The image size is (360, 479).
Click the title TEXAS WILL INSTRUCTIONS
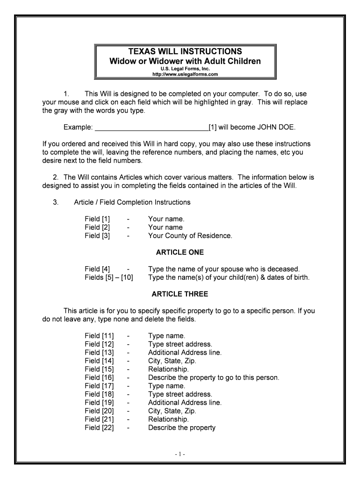pos(185,51)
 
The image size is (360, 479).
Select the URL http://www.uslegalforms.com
pos(185,74)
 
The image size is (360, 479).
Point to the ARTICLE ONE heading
pos(180,253)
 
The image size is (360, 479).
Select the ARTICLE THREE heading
pos(180,294)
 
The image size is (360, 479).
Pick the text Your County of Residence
pos(190,236)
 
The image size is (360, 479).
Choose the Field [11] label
pos(99,336)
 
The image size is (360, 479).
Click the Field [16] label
pos(99,377)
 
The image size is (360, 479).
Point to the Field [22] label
pos(99,428)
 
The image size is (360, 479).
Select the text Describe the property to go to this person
pos(213,377)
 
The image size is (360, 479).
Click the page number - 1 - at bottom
pos(180,454)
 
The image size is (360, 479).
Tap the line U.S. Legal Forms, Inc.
pos(185,69)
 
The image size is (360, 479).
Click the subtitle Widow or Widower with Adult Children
pos(185,61)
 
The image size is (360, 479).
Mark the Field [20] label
pos(99,411)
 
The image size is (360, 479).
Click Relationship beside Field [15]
pos(168,369)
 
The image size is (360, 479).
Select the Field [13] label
pos(99,353)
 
